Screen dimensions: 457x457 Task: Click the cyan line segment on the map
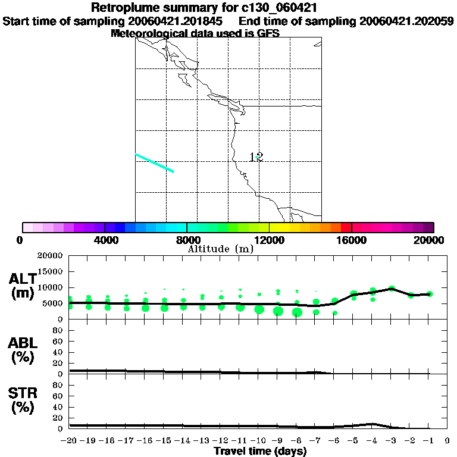(154, 162)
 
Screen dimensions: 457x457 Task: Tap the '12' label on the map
(256, 157)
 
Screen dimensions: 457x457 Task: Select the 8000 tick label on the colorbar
(187, 240)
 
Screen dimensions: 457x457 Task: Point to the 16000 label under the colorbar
(352, 240)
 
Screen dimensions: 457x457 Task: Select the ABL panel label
(22, 350)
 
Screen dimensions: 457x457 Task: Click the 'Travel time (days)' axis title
(260, 451)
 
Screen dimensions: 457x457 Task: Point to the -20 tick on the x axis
(70, 441)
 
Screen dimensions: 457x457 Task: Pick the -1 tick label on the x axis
(428, 441)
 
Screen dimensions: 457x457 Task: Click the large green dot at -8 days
(297, 312)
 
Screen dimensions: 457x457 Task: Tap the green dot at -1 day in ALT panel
(430, 294)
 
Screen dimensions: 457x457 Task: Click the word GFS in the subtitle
(267, 33)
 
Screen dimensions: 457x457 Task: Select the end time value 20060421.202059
(406, 21)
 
